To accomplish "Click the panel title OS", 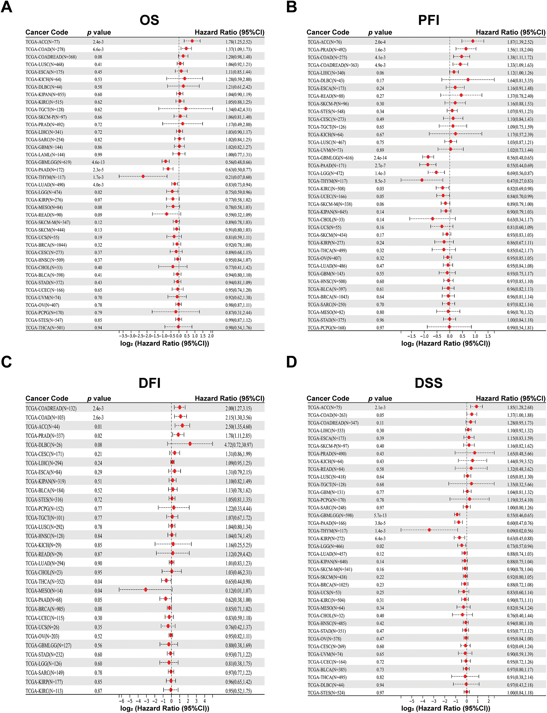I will (x=149, y=20).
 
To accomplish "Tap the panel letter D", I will (x=291, y=362).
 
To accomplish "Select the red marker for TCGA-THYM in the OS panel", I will (x=143, y=177).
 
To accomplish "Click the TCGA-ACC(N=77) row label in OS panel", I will (x=43, y=42).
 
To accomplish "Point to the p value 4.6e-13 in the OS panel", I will (x=98, y=162).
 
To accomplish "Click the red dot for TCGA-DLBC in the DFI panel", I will (x=190, y=444).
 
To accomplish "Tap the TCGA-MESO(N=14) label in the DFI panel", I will (x=44, y=591).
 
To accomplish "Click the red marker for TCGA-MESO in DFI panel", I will (x=145, y=589).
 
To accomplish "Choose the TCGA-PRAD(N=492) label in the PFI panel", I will (x=327, y=50).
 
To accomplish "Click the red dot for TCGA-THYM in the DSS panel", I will (x=429, y=530).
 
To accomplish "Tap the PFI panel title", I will (x=428, y=20).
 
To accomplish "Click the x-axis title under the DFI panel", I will (x=164, y=708).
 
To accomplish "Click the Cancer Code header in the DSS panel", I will (x=327, y=398).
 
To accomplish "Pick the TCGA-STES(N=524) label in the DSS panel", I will (x=326, y=693).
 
